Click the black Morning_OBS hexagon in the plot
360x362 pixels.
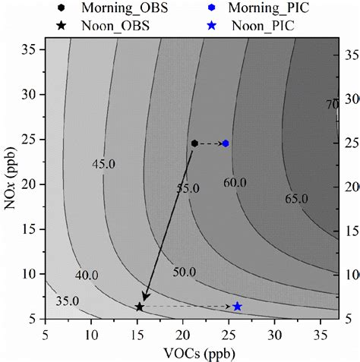pos(195,143)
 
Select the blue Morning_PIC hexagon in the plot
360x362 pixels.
pos(226,143)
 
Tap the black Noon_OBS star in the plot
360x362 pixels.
pos(139,307)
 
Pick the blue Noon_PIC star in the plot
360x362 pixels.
pos(237,307)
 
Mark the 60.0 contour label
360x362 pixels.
pos(235,181)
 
